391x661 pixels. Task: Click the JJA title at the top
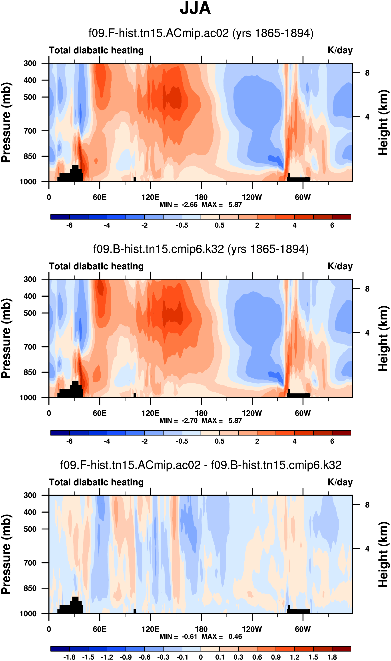tap(195, 8)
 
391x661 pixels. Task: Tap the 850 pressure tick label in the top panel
tap(30, 156)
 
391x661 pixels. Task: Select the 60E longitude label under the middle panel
tap(100, 413)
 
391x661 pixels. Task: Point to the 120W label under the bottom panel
tap(252, 629)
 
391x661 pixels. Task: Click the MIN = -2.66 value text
tap(178, 205)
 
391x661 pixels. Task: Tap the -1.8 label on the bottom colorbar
tap(69, 657)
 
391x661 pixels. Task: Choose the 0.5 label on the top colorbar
tap(219, 225)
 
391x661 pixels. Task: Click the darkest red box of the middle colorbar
tap(341, 433)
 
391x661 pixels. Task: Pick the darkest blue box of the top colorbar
tap(60, 217)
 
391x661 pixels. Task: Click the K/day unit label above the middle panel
tap(340, 266)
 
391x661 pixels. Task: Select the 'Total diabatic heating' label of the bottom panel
tap(96, 482)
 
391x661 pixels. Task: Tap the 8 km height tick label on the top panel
tap(367, 73)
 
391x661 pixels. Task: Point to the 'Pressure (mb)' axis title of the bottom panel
tap(6, 554)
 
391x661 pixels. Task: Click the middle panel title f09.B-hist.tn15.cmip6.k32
tap(201, 249)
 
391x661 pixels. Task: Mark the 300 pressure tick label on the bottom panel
tap(30, 495)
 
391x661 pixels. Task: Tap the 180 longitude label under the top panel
tap(201, 197)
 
